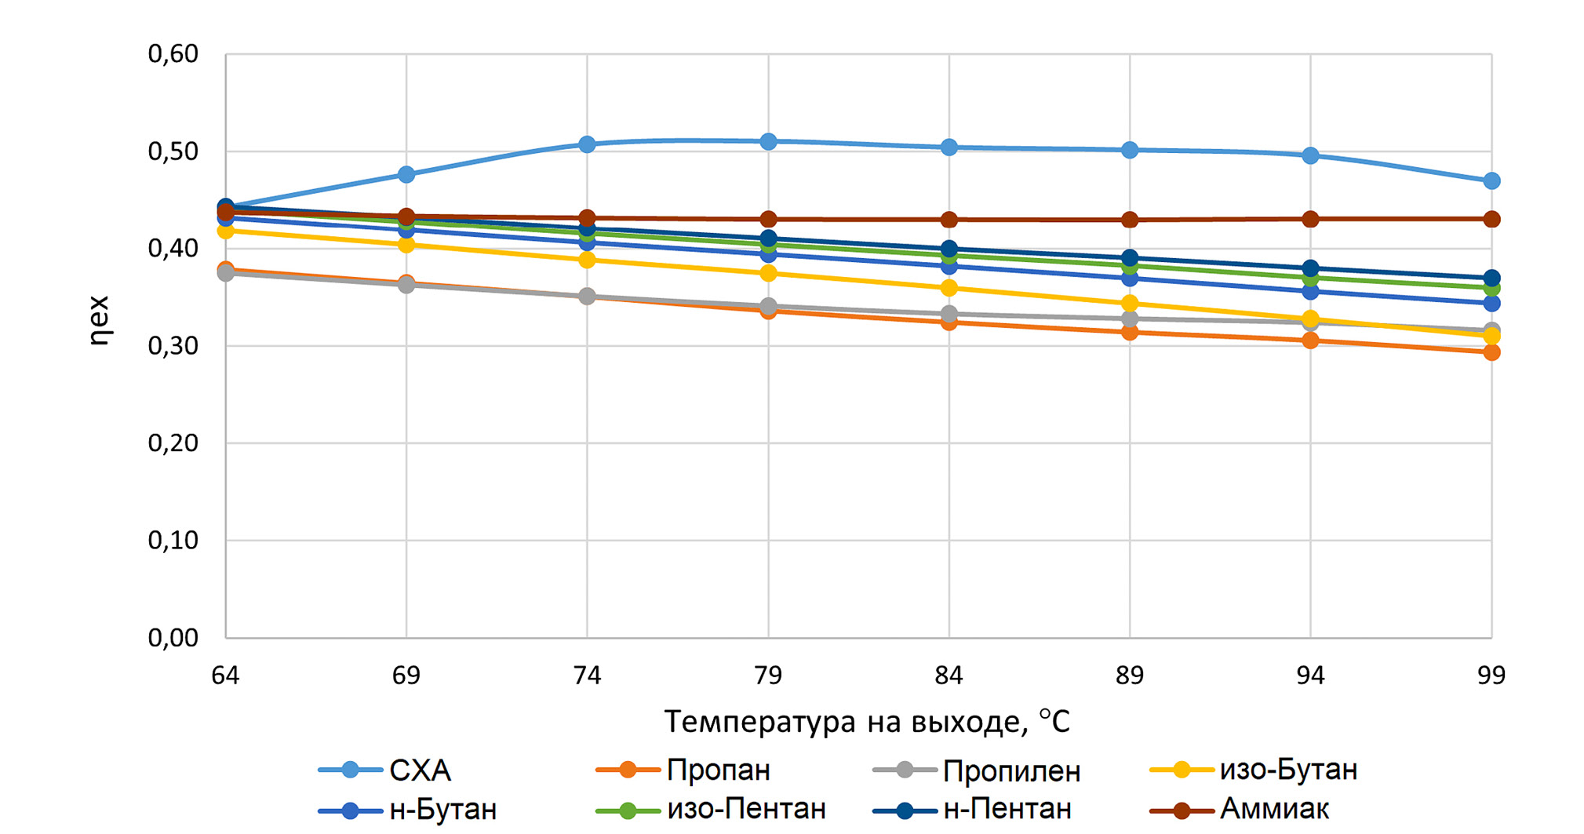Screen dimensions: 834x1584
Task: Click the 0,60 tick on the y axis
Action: click(x=173, y=54)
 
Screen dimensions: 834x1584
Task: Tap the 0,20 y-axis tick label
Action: click(x=173, y=443)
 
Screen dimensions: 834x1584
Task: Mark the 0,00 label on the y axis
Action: click(x=173, y=638)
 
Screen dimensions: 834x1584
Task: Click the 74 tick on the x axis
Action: click(x=587, y=676)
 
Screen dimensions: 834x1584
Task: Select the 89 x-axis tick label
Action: click(x=1130, y=676)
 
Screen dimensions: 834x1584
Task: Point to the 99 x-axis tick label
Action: click(x=1491, y=676)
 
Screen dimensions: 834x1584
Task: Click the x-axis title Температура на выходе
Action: click(x=867, y=722)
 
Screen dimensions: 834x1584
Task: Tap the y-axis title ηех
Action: click(x=100, y=321)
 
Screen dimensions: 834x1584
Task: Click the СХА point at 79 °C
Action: click(x=768, y=142)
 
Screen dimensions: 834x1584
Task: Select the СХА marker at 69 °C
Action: click(x=406, y=174)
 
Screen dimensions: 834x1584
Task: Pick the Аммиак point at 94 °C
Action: click(x=1310, y=219)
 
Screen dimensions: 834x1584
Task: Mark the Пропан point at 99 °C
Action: click(x=1491, y=352)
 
